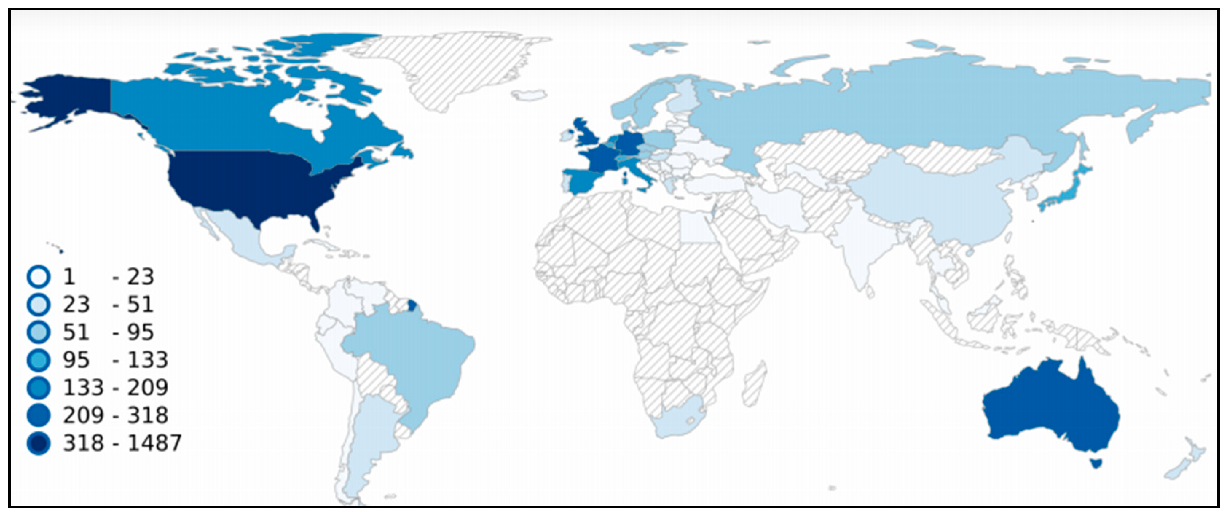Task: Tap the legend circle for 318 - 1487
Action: click(39, 443)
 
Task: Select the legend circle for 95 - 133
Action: click(39, 360)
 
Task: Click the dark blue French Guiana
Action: click(413, 304)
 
